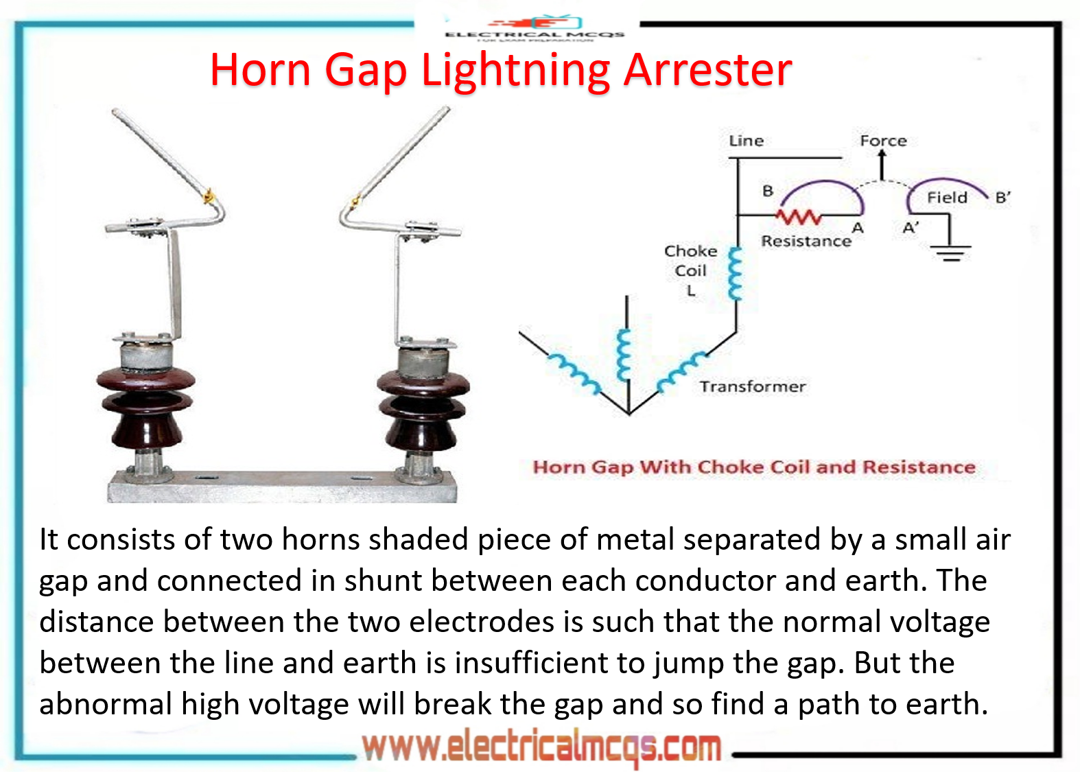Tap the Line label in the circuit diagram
click(746, 141)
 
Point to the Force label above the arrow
click(883, 141)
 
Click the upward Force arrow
click(882, 165)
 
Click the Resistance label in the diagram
click(806, 241)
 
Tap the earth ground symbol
click(951, 253)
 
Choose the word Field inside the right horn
click(947, 198)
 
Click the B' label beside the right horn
click(1002, 198)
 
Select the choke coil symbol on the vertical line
click(736, 274)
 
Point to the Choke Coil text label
click(690, 261)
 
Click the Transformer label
click(752, 386)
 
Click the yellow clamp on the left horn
click(209, 198)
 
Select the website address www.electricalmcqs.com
click(541, 747)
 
